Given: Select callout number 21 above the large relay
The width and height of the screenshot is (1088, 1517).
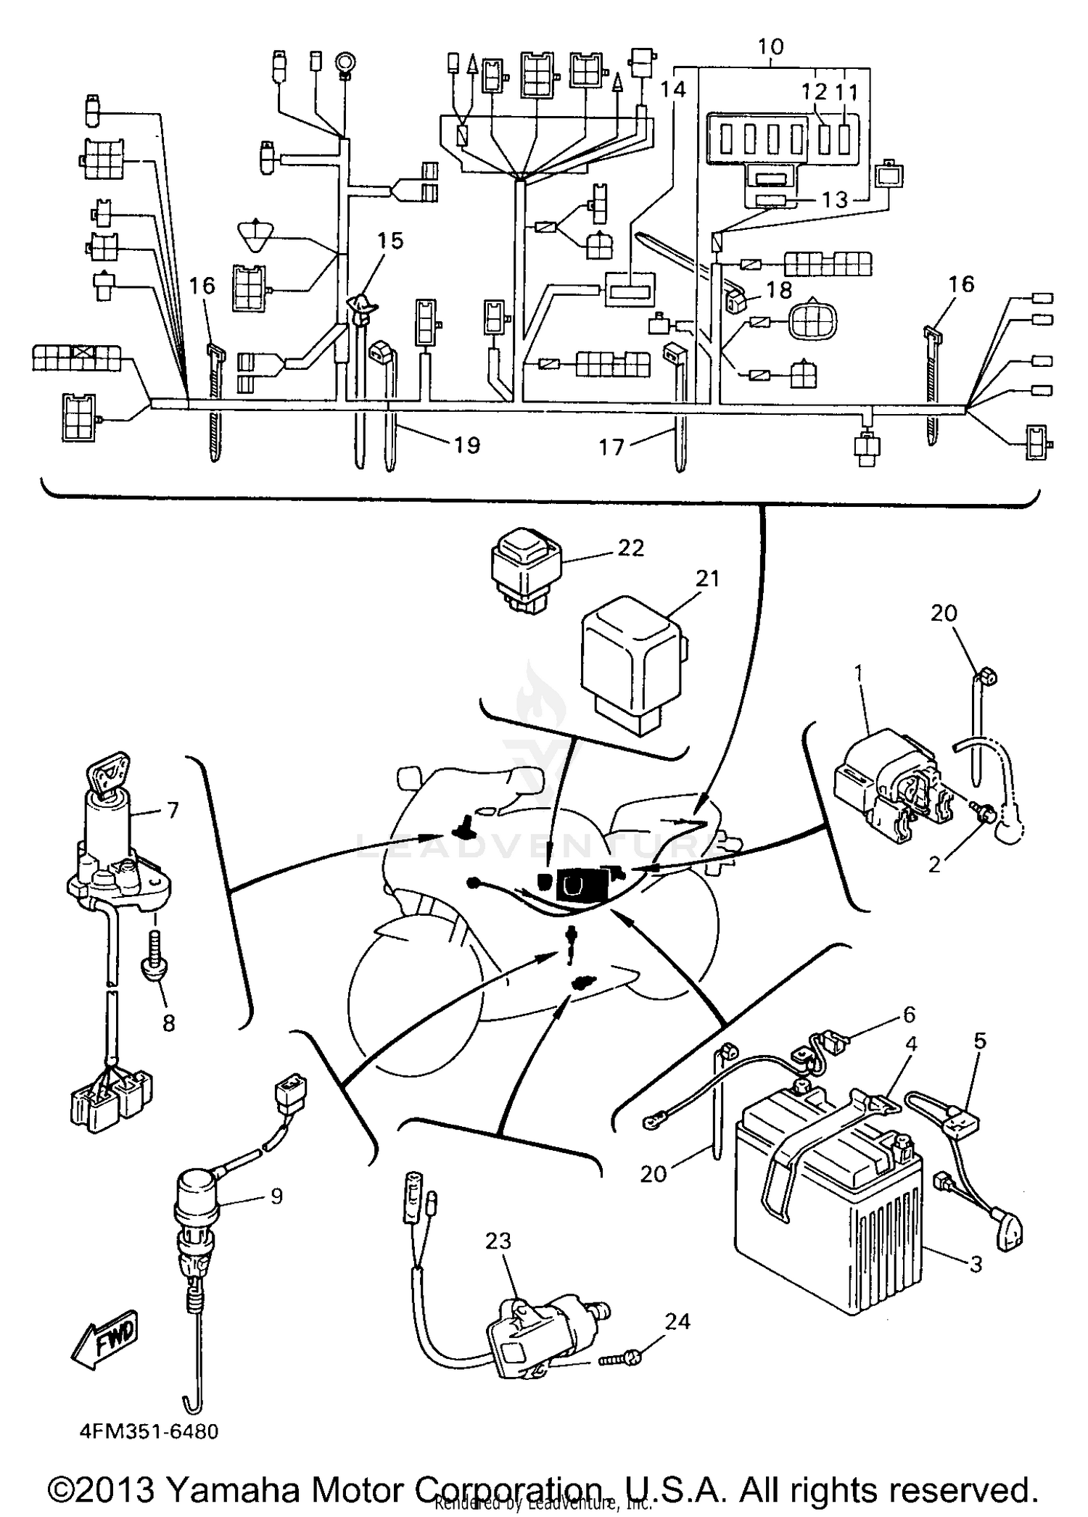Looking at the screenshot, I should (706, 579).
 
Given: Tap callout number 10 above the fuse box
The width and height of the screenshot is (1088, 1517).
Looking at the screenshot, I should (770, 47).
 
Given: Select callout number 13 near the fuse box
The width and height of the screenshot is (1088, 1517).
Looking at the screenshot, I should (834, 199).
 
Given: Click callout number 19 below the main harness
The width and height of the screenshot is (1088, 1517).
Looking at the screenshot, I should (467, 445).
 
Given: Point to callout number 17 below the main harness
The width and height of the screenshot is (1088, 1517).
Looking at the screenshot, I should (611, 447).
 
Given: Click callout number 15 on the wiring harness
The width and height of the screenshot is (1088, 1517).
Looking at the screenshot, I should (390, 241).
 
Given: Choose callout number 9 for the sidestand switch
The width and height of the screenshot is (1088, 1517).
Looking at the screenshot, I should (276, 1195).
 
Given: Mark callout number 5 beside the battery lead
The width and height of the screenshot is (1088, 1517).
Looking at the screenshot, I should (979, 1042).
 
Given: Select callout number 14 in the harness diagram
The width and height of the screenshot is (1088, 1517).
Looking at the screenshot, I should (673, 89).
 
